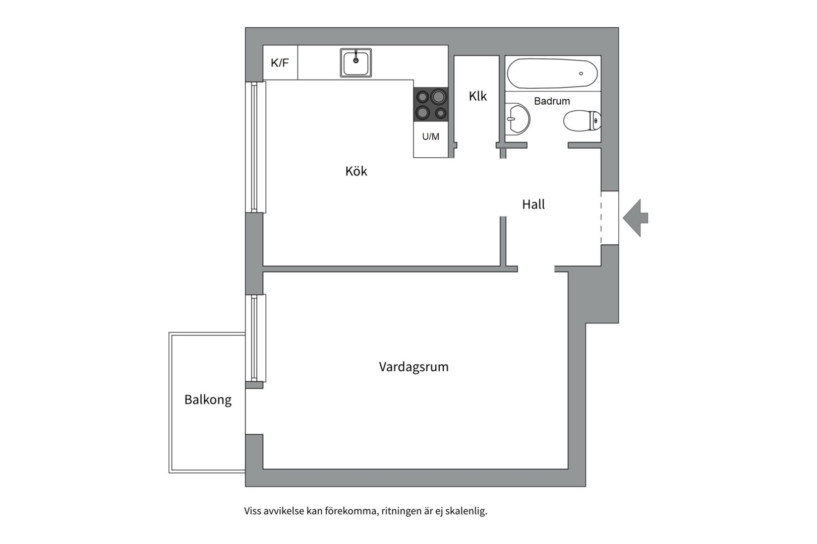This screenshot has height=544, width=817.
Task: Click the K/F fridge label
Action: pos(280,62)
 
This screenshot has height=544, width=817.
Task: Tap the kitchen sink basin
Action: pos(356,62)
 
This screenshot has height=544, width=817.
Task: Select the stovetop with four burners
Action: pos(431,104)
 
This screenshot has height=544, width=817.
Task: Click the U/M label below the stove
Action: pos(431,137)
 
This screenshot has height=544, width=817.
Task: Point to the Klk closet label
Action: pos(478,96)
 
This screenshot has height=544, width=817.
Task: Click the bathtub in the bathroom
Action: pos(553,74)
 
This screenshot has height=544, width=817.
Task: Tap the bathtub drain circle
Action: pos(581,74)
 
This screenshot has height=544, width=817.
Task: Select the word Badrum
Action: pos(552,101)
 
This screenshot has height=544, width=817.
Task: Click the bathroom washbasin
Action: pos(517,119)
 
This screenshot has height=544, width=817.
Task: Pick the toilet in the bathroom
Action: pos(582,121)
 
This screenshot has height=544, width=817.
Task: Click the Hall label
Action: pos(534,205)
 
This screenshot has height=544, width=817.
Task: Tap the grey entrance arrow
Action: pos(635,218)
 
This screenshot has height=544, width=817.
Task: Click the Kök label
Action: pos(357,171)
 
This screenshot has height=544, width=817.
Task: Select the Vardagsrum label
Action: pos(414,367)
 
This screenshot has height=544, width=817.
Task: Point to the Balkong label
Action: pos(208,400)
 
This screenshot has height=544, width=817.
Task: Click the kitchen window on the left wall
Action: pos(256,147)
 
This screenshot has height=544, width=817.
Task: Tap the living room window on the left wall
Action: pos(256,338)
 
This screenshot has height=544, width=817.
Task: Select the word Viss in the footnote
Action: pos(252,511)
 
